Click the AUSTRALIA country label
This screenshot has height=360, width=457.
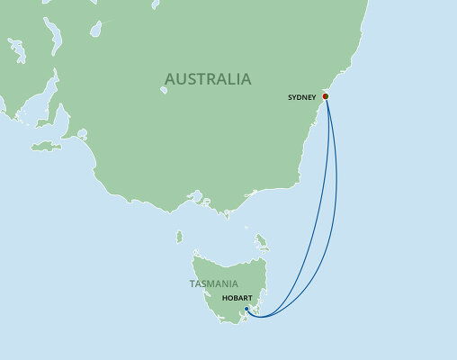tap(209, 80)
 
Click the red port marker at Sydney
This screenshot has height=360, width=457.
tap(326, 96)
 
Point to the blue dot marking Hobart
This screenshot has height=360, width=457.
tap(246, 309)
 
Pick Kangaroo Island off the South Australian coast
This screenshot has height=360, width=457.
tap(45, 146)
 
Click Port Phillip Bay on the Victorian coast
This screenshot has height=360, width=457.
tap(193, 196)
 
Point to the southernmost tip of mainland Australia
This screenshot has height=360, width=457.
tap(221, 215)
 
